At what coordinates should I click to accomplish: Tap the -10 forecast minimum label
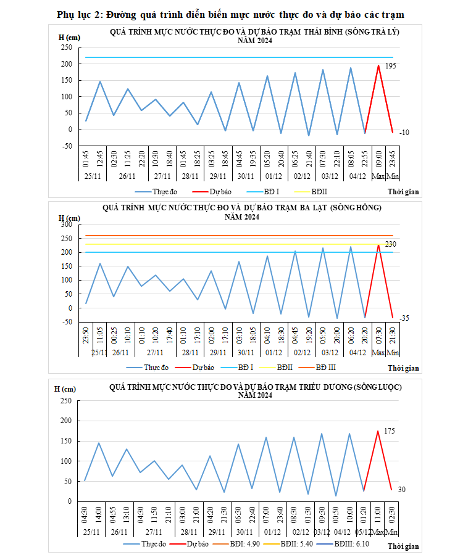click(x=404, y=133)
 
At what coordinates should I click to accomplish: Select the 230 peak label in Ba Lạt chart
click(x=390, y=244)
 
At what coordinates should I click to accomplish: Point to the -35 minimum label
click(x=404, y=318)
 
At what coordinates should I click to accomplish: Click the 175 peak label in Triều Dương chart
click(x=389, y=430)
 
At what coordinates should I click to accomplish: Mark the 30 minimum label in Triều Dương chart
click(x=400, y=490)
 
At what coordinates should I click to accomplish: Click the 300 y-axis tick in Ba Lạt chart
click(x=66, y=224)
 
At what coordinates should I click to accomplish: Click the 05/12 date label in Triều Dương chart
click(x=364, y=532)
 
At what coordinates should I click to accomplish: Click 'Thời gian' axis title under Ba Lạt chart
click(x=404, y=368)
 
